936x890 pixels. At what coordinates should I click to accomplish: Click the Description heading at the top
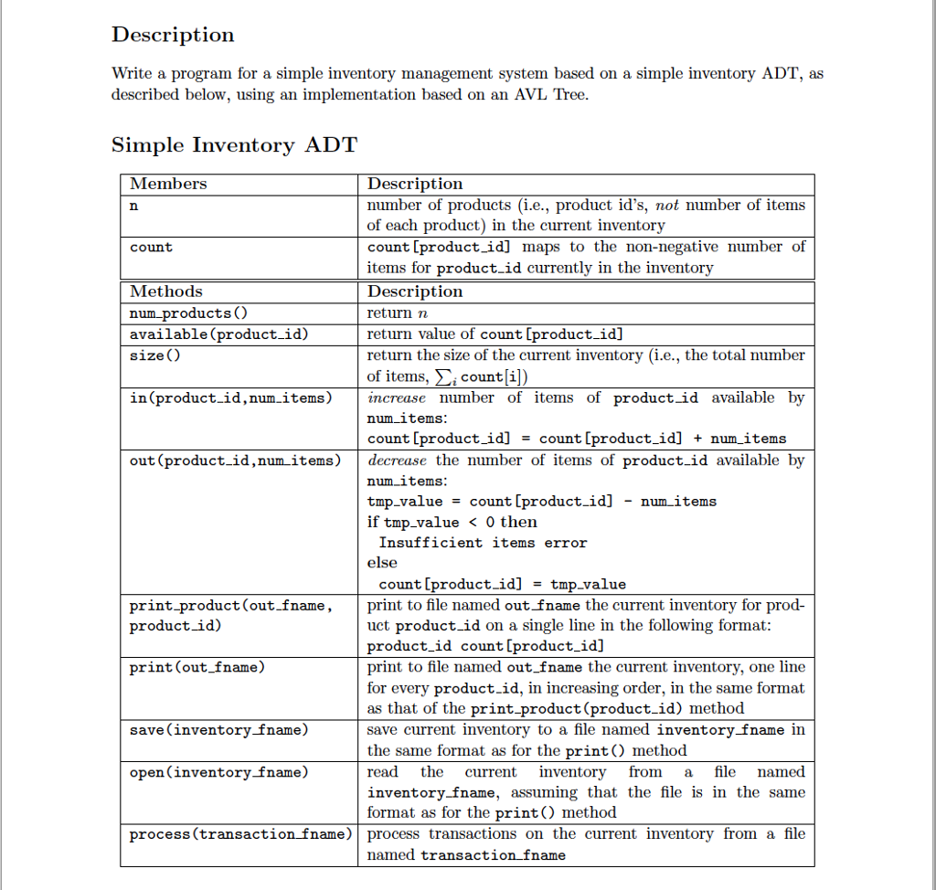(x=173, y=35)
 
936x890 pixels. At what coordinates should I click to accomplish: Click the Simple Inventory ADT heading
(x=234, y=145)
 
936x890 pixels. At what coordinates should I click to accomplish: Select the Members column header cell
(x=168, y=184)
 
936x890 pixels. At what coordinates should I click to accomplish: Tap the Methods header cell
(x=166, y=291)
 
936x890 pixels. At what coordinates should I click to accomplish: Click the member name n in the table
(x=134, y=206)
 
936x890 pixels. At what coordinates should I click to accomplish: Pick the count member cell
(x=151, y=248)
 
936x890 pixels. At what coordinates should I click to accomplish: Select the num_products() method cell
(x=180, y=313)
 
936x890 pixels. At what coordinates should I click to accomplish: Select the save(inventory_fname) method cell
(x=218, y=730)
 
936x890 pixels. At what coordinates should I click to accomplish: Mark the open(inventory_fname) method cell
(x=218, y=772)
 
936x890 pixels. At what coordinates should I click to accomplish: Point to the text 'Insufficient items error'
(x=483, y=543)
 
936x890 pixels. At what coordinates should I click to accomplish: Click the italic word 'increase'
(x=397, y=397)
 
